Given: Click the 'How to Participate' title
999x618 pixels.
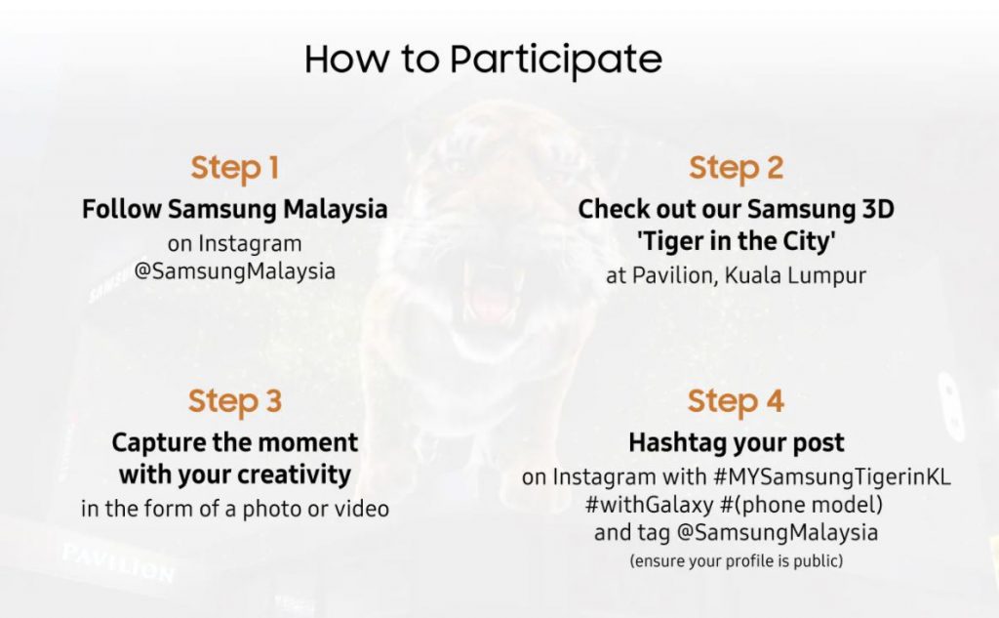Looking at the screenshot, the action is pyautogui.click(x=483, y=60).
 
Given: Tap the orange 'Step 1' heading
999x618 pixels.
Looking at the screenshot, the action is pyautogui.click(x=234, y=168).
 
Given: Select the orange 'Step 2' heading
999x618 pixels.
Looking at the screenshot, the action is pyautogui.click(x=736, y=168).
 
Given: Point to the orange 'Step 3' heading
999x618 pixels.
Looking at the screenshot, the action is pyautogui.click(x=234, y=401).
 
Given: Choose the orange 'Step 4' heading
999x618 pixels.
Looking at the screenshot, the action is pyautogui.click(x=736, y=401).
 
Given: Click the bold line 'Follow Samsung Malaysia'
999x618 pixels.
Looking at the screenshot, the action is pyautogui.click(x=234, y=210).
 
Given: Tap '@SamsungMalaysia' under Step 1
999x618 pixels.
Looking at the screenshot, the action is pyautogui.click(x=234, y=271).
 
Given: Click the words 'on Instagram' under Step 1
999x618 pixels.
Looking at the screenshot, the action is pyautogui.click(x=234, y=244).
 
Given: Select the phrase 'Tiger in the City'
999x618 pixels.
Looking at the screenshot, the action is pyautogui.click(x=736, y=241).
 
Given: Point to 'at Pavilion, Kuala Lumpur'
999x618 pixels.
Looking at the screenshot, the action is pyautogui.click(x=736, y=275).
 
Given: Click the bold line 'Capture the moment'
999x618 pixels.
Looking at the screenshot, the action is pyautogui.click(x=234, y=442).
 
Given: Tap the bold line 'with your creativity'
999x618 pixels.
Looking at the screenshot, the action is pyautogui.click(x=234, y=475).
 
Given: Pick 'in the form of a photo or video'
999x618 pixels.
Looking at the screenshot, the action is pyautogui.click(x=234, y=509).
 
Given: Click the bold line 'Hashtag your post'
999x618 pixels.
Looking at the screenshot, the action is pyautogui.click(x=736, y=443).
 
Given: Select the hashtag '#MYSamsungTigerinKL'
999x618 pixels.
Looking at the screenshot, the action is pyautogui.click(x=832, y=477).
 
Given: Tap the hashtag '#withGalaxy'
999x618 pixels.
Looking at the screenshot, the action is pyautogui.click(x=649, y=505).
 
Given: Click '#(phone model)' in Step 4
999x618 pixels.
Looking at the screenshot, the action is pyautogui.click(x=802, y=505).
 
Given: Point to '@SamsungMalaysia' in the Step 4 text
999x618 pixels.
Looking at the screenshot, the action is pyautogui.click(x=777, y=532).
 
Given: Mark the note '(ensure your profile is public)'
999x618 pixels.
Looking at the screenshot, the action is pyautogui.click(x=736, y=561).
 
